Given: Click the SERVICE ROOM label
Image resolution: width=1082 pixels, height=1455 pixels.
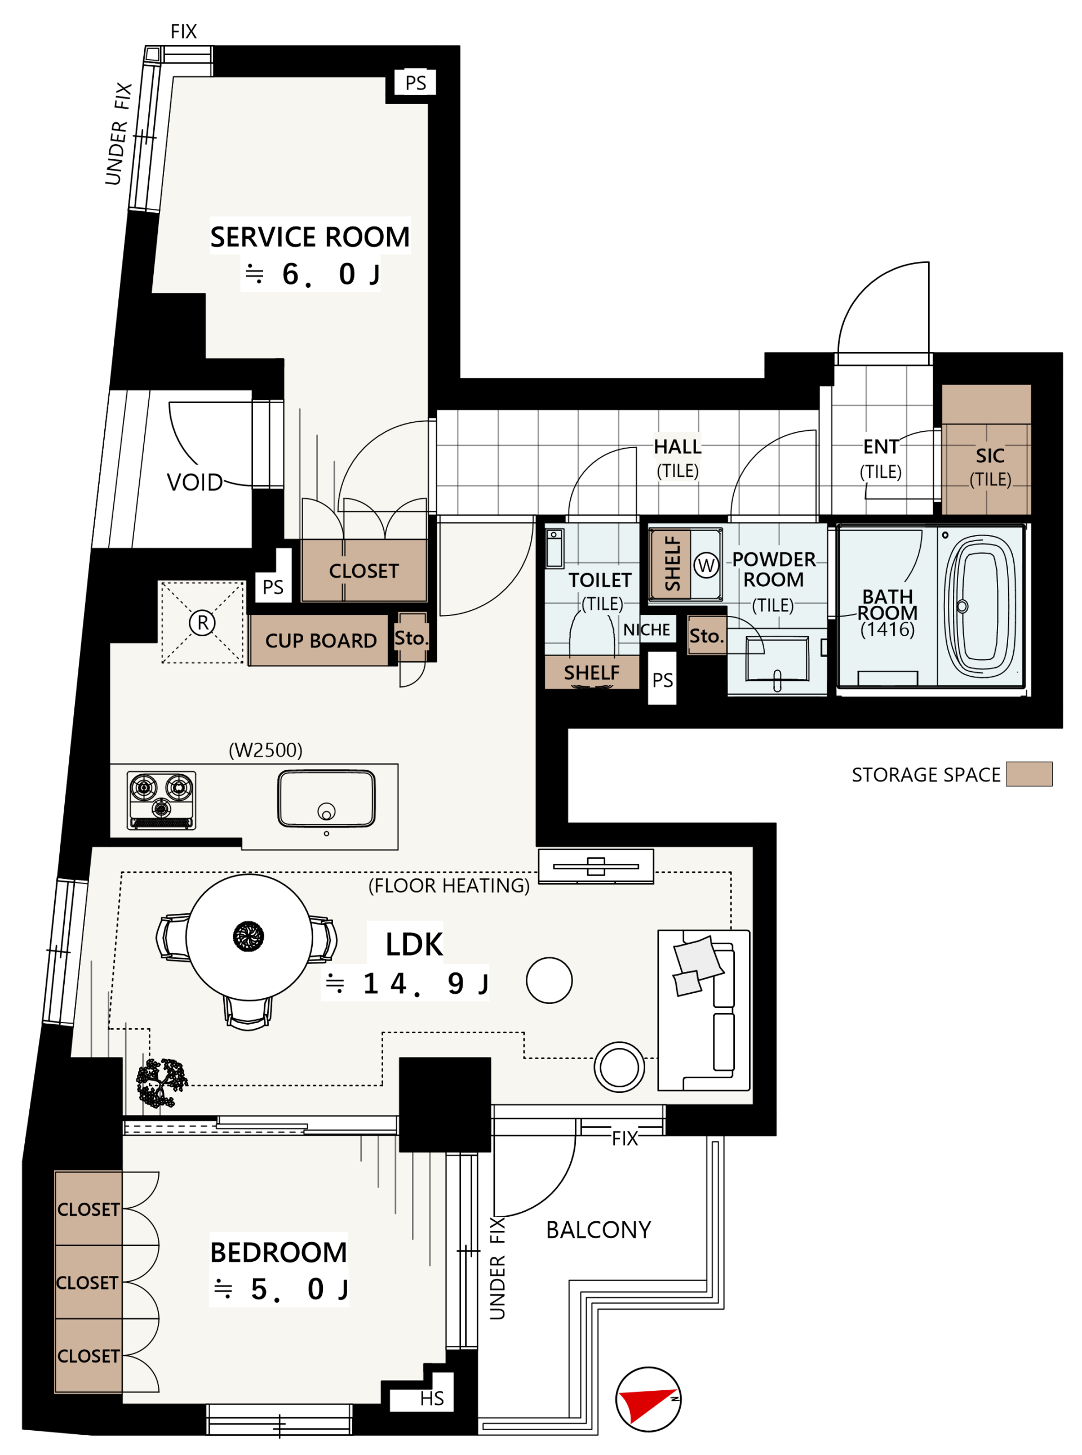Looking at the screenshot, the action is (310, 237).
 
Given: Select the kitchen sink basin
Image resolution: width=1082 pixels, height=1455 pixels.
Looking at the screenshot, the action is (326, 798).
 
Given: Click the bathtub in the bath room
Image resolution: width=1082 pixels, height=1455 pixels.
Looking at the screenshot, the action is (981, 606).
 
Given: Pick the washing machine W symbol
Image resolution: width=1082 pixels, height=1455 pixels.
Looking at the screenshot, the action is (706, 565).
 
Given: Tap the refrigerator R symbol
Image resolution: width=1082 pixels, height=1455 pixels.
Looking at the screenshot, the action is (202, 622).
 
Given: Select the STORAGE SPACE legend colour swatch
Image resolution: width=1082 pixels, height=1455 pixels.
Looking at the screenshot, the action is (1029, 774).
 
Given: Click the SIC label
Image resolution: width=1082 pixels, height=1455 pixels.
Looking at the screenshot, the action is (990, 456).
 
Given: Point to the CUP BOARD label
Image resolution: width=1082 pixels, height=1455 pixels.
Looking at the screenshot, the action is (321, 640).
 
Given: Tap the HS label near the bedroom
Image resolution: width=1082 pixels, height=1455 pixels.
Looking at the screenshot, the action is (432, 1399).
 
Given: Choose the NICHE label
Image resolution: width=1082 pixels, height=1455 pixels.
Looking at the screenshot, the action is (646, 630).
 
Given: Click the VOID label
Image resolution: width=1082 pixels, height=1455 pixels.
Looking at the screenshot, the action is (194, 483).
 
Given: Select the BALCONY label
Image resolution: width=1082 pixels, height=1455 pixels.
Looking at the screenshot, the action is (598, 1230).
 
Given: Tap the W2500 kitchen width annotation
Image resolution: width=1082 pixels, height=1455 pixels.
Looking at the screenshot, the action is (265, 750).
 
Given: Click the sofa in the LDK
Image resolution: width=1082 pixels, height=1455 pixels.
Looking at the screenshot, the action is (703, 1010).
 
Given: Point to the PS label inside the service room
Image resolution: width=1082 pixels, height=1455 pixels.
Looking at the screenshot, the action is (415, 83).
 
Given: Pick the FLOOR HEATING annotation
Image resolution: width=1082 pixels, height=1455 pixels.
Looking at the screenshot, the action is (449, 886).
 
